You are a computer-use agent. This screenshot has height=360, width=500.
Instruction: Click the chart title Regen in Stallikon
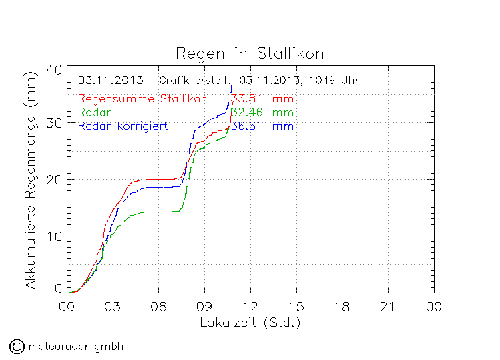(x=249, y=53)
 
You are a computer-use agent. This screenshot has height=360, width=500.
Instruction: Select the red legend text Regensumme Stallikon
(x=142, y=100)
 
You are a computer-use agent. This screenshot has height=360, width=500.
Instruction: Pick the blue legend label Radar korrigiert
(x=122, y=126)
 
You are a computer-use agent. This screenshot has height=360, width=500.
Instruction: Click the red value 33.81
(x=246, y=100)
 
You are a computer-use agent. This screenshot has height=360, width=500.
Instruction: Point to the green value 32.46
(x=246, y=112)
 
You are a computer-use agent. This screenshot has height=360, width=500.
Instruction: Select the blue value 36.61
(x=246, y=126)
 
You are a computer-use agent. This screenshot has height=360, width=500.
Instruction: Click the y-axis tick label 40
(x=55, y=70)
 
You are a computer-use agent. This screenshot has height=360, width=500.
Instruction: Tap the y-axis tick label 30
(x=55, y=124)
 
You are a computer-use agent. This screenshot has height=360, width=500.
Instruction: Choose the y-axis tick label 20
(x=55, y=180)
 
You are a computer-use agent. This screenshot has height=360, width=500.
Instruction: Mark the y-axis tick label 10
(x=55, y=236)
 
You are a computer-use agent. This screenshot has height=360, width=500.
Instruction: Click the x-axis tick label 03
(x=113, y=307)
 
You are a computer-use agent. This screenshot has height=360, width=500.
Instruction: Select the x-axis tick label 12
(x=250, y=307)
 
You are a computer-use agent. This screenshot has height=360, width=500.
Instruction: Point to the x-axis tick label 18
(x=342, y=307)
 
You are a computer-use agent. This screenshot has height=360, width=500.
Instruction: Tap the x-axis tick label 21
(x=388, y=307)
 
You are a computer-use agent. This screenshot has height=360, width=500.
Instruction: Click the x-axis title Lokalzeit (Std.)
(x=250, y=322)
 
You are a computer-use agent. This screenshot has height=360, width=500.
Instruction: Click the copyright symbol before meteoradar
(x=17, y=346)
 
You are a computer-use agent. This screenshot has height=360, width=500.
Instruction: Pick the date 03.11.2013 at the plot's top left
(x=110, y=81)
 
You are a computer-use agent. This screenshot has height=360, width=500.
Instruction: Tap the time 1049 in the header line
(x=323, y=81)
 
